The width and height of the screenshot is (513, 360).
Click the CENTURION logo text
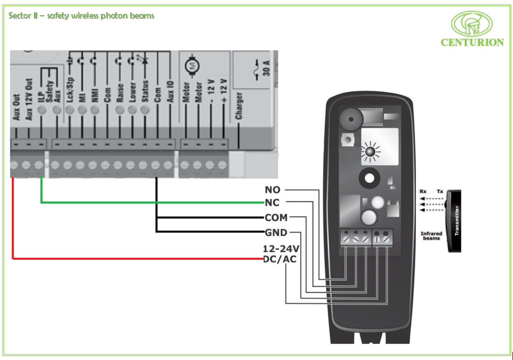point(472,42)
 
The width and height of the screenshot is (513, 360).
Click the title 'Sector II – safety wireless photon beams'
point(81,16)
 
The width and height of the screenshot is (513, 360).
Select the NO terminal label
point(273,190)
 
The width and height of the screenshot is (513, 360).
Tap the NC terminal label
point(272,202)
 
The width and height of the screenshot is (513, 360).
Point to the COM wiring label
point(276,218)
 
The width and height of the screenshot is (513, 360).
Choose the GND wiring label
point(276,233)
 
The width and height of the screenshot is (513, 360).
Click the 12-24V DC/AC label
point(281,254)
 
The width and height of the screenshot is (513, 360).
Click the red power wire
point(134,259)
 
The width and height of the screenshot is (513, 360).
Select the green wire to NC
point(144,202)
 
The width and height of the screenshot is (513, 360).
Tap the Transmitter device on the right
point(454,221)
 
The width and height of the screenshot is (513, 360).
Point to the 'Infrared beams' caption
point(431,236)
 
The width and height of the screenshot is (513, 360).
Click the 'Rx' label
point(423,191)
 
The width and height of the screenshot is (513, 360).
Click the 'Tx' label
point(440,191)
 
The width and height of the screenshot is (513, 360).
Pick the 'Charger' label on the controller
point(239,106)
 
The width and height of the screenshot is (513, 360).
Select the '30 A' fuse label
point(266,68)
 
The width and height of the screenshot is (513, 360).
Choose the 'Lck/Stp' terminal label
point(70,89)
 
